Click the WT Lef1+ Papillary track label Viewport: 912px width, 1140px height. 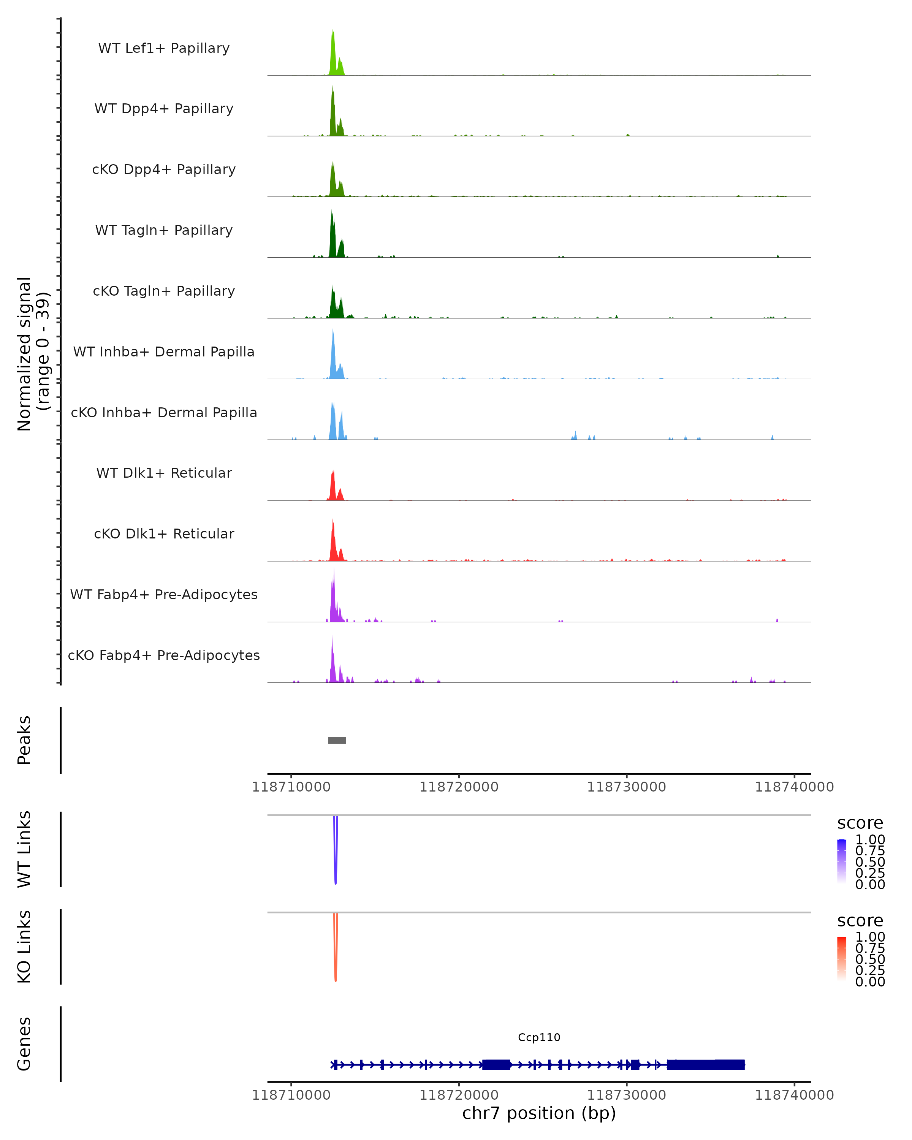164,48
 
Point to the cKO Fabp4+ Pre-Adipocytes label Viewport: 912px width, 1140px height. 164,655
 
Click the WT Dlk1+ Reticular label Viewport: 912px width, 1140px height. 164,473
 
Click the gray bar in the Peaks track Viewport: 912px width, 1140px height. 337,740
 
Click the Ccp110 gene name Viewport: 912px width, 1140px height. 539,1037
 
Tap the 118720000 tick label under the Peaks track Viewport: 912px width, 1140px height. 459,787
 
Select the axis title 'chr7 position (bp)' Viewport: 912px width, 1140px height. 539,1113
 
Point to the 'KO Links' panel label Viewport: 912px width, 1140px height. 24,947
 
